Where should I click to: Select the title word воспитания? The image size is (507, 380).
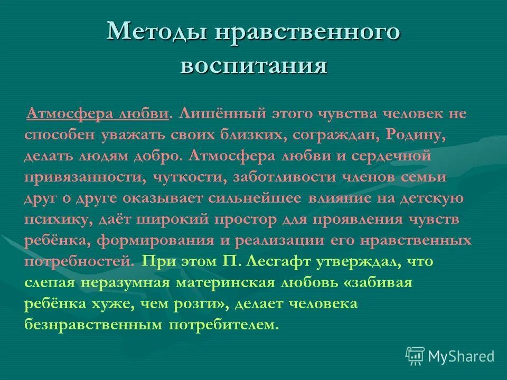click(x=253, y=66)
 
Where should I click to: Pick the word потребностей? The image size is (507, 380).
click(x=77, y=261)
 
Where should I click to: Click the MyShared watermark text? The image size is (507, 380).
click(x=461, y=356)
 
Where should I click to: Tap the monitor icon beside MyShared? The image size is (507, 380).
click(x=415, y=355)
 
